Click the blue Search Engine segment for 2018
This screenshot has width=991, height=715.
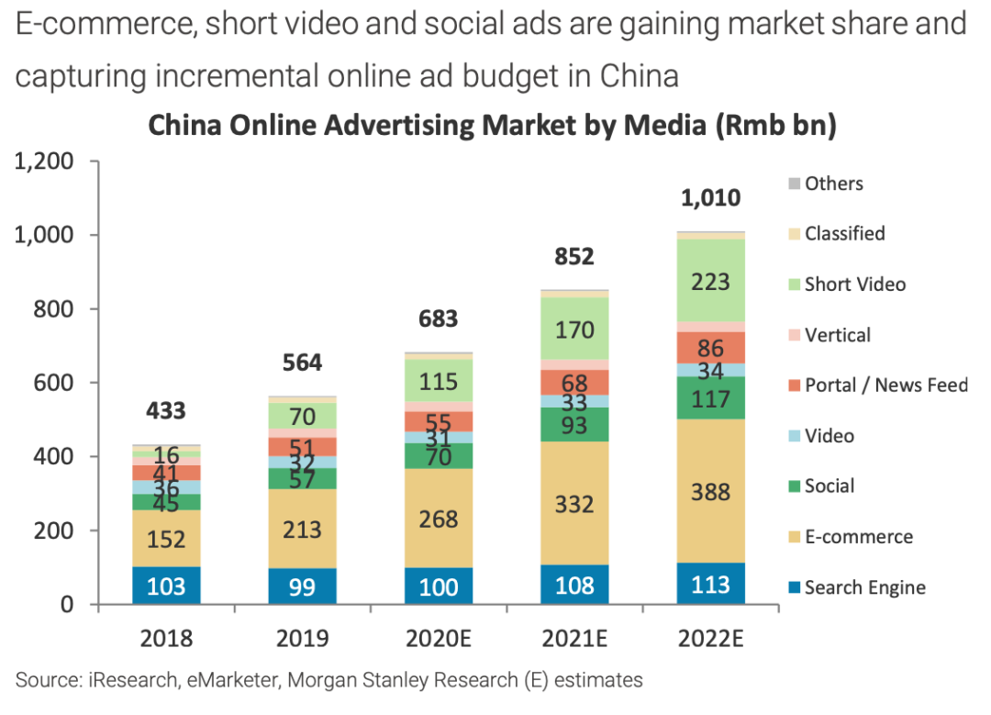click(167, 585)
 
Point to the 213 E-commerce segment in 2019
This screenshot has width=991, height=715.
click(302, 529)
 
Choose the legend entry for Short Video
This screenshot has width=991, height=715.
click(854, 285)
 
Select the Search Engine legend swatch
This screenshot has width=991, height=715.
click(793, 587)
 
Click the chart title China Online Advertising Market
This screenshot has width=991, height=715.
click(493, 126)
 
